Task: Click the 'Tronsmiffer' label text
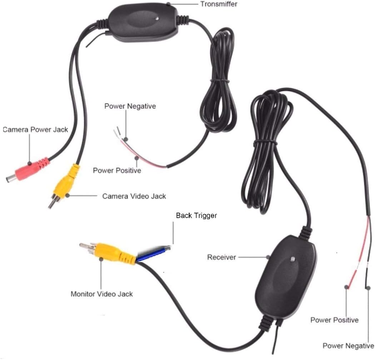click(218, 4)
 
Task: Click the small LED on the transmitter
click(156, 17)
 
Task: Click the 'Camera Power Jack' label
click(35, 129)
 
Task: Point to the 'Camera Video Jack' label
click(134, 196)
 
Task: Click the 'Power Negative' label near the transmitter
click(130, 106)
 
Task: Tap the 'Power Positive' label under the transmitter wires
click(117, 170)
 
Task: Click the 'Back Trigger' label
click(196, 216)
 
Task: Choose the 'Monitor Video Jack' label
click(102, 294)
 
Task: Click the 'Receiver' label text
click(222, 257)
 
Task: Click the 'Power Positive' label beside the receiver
click(334, 320)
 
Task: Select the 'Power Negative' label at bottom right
click(348, 346)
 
